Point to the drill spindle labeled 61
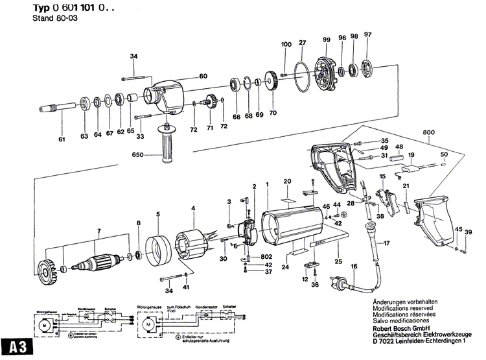pyautogui.click(x=56, y=109)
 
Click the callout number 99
pyautogui.click(x=326, y=40)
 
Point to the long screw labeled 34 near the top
pyautogui.click(x=136, y=78)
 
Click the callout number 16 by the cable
pyautogui.click(x=354, y=267)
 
